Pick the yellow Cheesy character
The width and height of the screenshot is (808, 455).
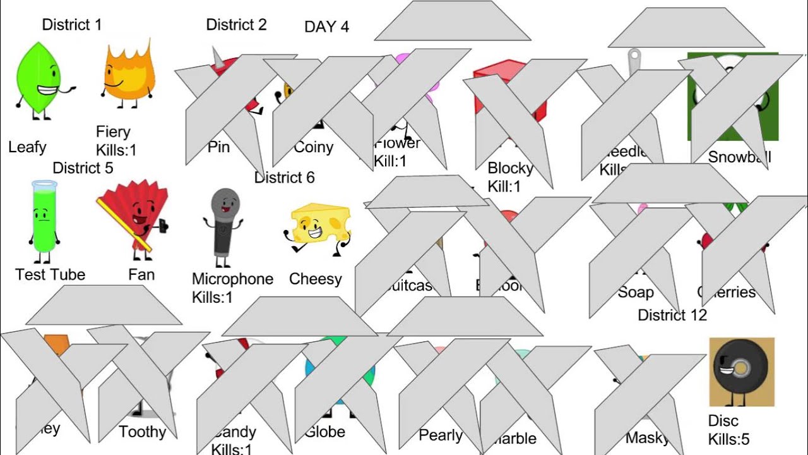[319, 227]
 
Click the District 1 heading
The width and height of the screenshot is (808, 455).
[71, 25]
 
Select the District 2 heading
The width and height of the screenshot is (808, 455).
[236, 25]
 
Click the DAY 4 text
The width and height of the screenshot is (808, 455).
[326, 27]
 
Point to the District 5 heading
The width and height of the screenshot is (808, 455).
[83, 168]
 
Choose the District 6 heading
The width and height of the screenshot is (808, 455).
[284, 178]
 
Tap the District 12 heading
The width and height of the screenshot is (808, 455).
[672, 315]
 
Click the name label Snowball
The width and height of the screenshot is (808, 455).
[740, 157]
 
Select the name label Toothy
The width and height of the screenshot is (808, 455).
[143, 432]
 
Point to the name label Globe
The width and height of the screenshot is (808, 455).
[324, 432]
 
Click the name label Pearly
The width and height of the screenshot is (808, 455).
[441, 435]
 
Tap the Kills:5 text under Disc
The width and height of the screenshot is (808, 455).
[728, 439]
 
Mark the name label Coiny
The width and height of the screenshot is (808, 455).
[314, 147]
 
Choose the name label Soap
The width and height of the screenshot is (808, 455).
[635, 293]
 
